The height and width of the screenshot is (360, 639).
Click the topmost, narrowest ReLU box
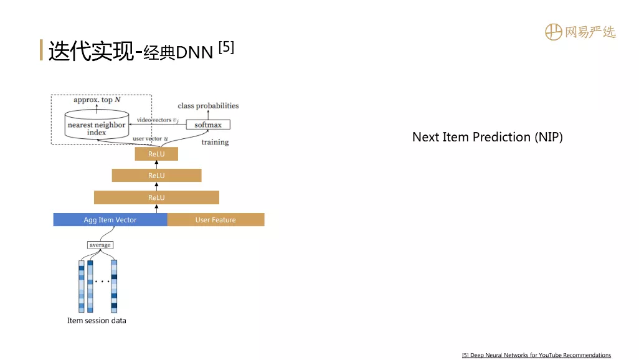(x=156, y=154)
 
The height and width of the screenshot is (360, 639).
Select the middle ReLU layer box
(x=156, y=175)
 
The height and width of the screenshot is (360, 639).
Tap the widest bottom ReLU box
(x=156, y=197)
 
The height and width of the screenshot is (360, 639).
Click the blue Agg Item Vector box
(x=110, y=220)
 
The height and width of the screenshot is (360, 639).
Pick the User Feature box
(x=215, y=220)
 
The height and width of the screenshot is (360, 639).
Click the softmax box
(x=208, y=125)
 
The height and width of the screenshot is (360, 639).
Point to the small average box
(x=100, y=245)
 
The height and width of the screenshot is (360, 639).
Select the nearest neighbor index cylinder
(x=97, y=125)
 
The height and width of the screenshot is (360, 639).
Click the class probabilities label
(x=208, y=106)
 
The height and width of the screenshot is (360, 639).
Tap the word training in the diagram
(x=215, y=142)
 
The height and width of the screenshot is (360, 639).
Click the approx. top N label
(x=97, y=100)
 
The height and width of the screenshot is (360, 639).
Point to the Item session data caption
(x=97, y=321)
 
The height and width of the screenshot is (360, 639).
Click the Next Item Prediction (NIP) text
(x=488, y=137)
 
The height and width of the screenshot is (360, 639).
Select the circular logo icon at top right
(x=554, y=32)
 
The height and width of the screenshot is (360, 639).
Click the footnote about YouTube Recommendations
(x=536, y=355)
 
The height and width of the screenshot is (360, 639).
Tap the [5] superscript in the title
(x=226, y=47)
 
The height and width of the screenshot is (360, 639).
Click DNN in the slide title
(x=194, y=52)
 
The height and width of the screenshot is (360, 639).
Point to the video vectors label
(x=158, y=120)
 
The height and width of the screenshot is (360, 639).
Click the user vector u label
(x=150, y=139)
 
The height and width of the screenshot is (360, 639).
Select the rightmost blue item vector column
(x=114, y=287)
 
